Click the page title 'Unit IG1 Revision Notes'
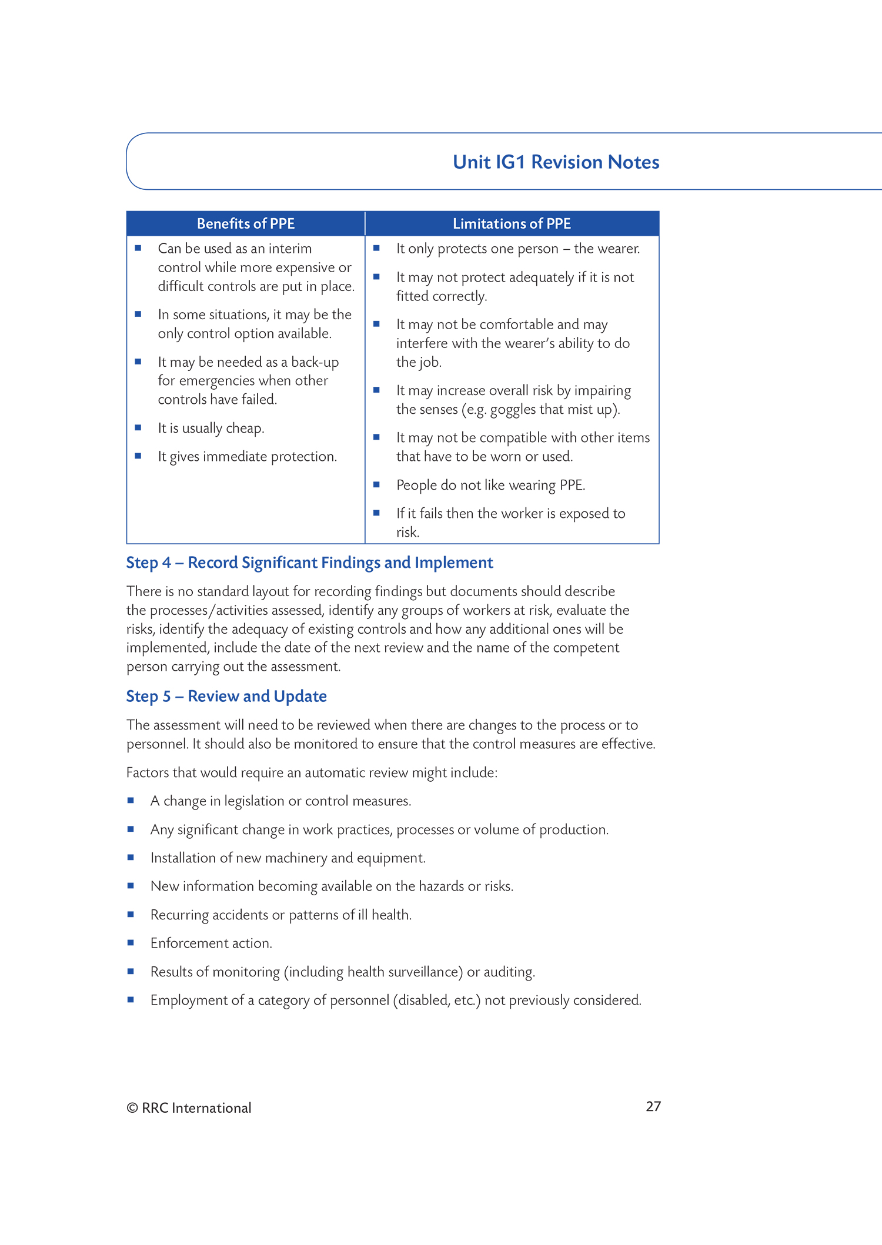click(x=556, y=162)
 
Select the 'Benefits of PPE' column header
click(x=246, y=224)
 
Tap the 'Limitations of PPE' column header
click(x=512, y=224)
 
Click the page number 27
click(x=653, y=1106)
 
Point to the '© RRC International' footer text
click(x=189, y=1108)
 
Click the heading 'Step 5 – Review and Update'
click(x=226, y=697)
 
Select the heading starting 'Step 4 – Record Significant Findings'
click(x=309, y=563)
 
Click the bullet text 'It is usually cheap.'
click(x=211, y=429)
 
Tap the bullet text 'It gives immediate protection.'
click(x=248, y=457)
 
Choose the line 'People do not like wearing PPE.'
click(x=490, y=486)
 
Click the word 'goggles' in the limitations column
click(x=513, y=410)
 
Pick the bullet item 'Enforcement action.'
click(x=211, y=943)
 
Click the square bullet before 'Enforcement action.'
click(x=131, y=943)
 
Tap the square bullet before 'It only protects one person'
click(x=376, y=248)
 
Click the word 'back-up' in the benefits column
click(x=315, y=363)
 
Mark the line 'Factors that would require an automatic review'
click(x=312, y=773)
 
